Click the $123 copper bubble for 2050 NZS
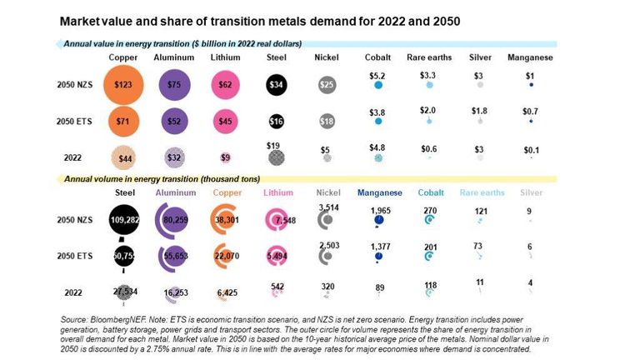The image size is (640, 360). click(x=123, y=85)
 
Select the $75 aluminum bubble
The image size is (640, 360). click(x=173, y=84)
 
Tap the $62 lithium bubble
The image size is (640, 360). click(x=226, y=84)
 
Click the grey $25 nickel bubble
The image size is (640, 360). click(x=327, y=85)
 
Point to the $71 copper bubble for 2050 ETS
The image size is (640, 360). click(x=123, y=122)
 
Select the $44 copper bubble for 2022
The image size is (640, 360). click(x=123, y=157)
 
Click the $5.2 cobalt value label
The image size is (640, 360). click(x=379, y=75)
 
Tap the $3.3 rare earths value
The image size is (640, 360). click(x=428, y=75)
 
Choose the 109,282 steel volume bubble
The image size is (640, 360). click(x=123, y=221)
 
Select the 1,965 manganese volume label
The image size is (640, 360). click(x=380, y=210)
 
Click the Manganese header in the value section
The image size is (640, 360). click(x=530, y=57)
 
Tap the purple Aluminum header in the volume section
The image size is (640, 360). click(x=174, y=192)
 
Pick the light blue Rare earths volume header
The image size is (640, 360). click(x=482, y=192)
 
